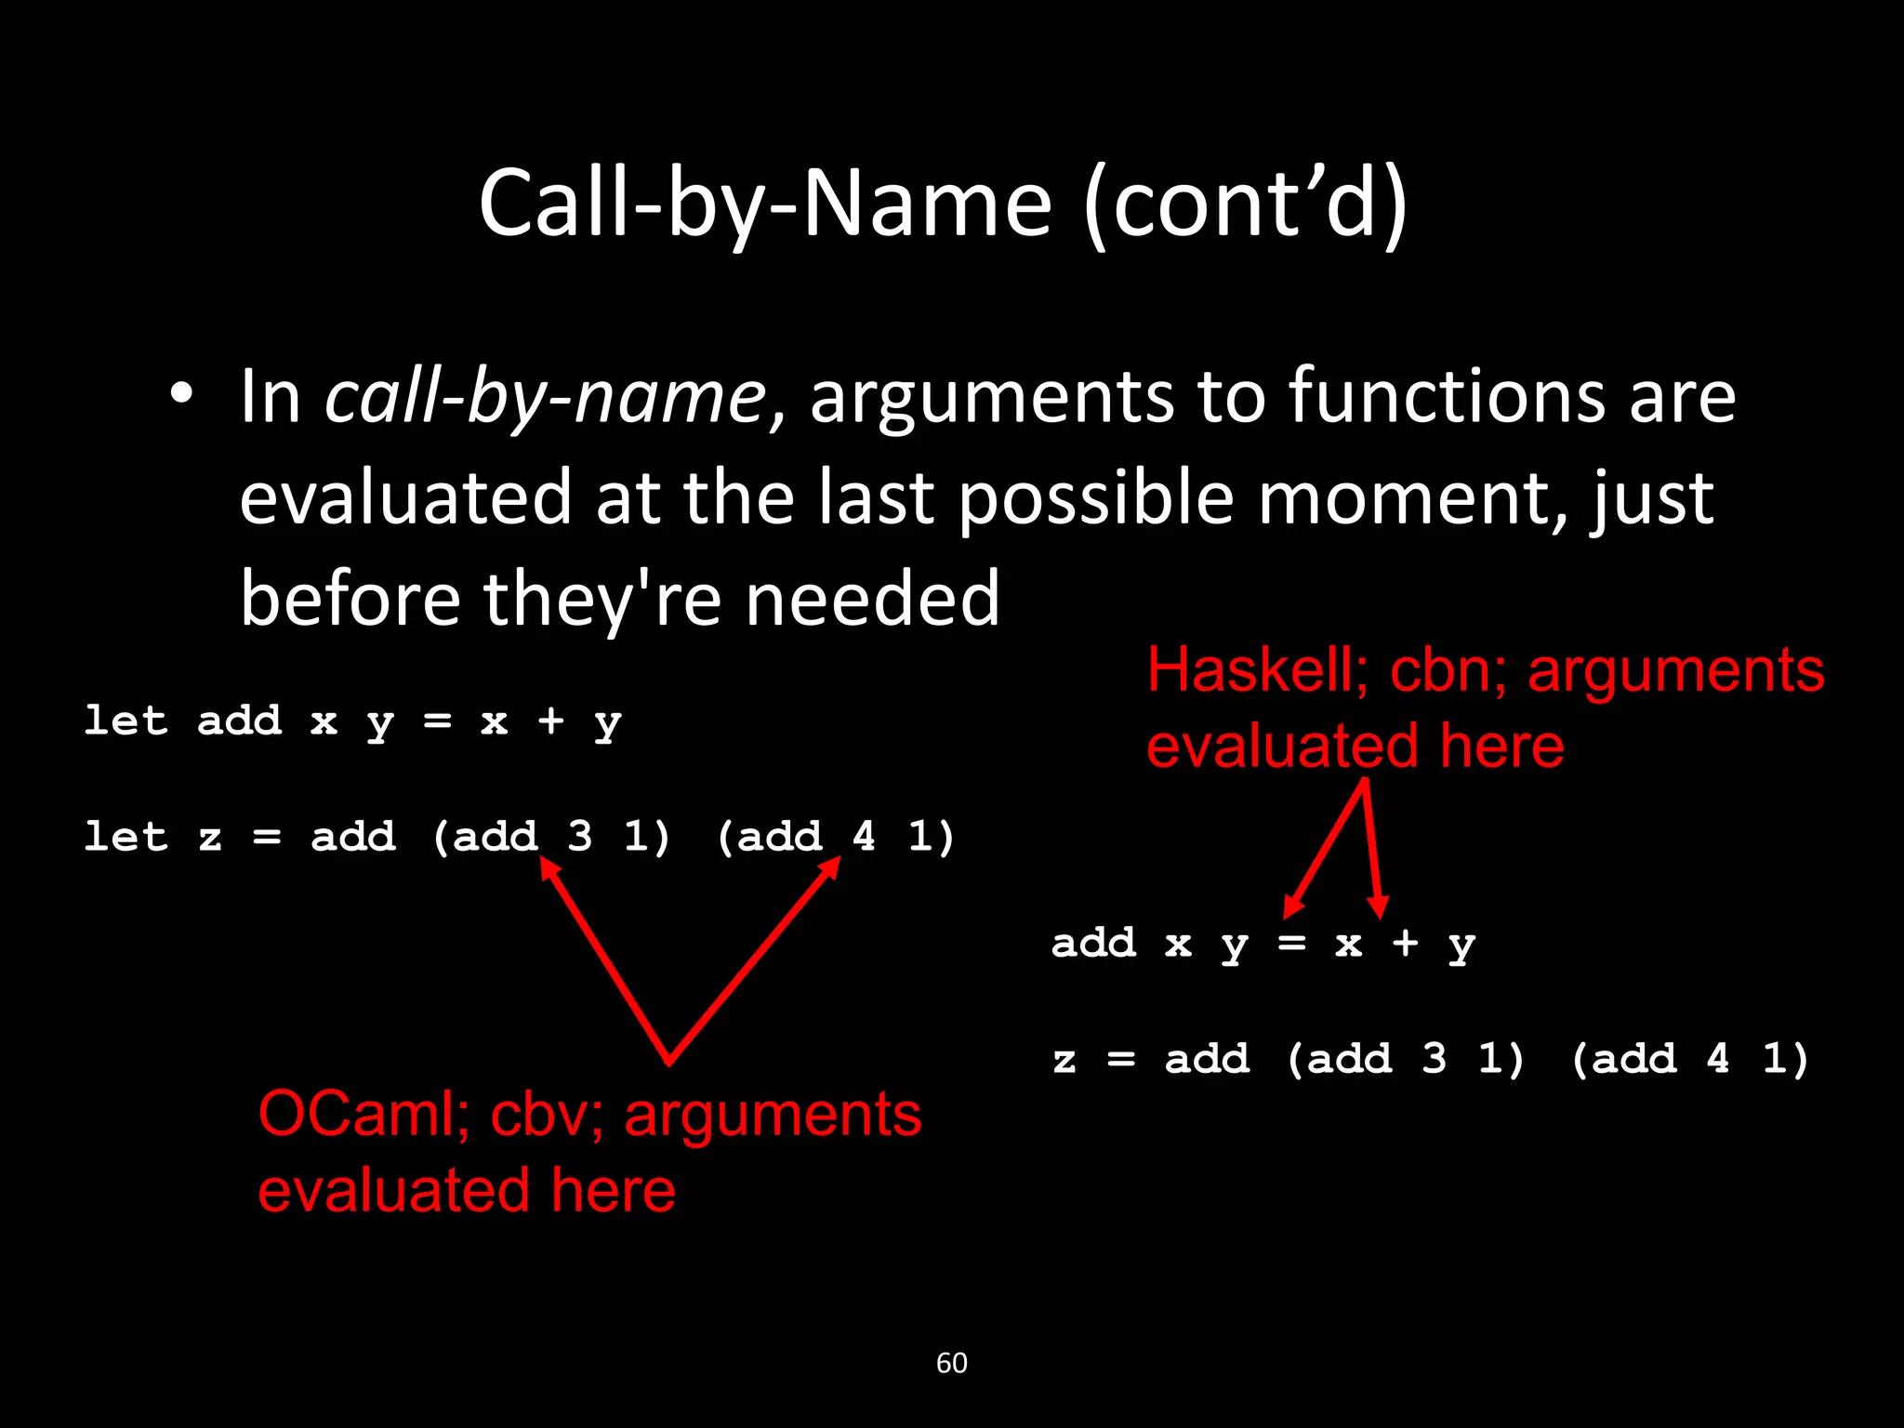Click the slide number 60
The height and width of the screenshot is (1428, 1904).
tap(951, 1363)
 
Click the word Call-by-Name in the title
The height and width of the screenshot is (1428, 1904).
tap(764, 204)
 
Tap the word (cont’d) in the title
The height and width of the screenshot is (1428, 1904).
tap(1246, 205)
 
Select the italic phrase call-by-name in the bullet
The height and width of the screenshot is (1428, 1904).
tap(545, 397)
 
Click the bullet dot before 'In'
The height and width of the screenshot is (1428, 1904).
tap(181, 394)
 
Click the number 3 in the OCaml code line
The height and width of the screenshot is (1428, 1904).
tap(579, 837)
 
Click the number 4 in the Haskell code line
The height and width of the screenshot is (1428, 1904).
tap(1717, 1058)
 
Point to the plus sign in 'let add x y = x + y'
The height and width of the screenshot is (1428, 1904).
tap(550, 721)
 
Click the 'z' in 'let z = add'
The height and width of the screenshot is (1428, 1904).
tap(210, 838)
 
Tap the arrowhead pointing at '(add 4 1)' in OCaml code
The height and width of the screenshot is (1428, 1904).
tap(832, 865)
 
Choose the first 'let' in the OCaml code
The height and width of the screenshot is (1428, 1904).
tap(126, 721)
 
